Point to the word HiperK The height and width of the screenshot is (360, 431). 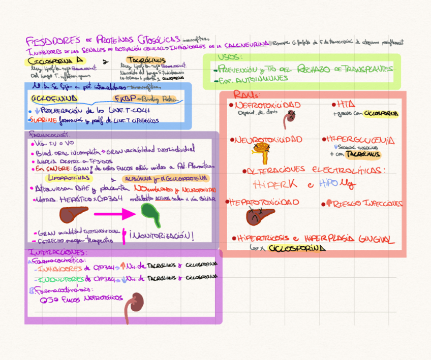(x=276, y=184)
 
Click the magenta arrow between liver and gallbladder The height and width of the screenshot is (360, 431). (x=115, y=214)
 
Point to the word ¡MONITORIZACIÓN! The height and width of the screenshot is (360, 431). (x=162, y=236)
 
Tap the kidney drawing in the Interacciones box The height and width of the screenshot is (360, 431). (x=135, y=302)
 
